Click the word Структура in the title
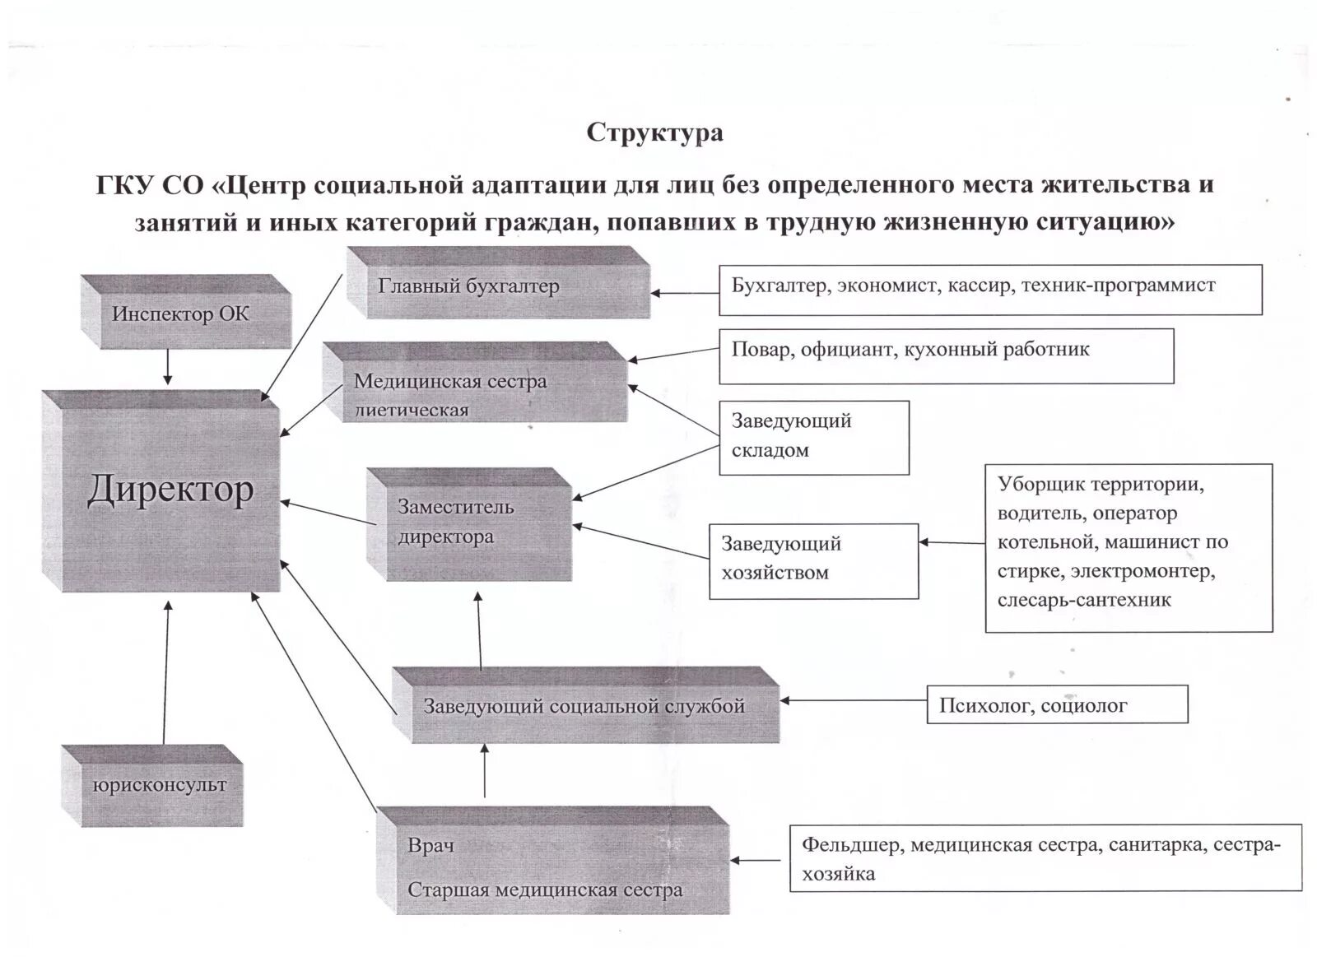coord(654,132)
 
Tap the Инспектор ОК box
coord(181,314)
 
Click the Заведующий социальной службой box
coord(584,706)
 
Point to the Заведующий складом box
coord(814,437)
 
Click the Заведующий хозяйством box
coord(813,560)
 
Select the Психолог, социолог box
coord(1057,705)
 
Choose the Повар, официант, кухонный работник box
coord(946,355)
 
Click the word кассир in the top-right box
coord(980,286)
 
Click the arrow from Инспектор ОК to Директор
coord(168,366)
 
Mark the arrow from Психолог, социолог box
coord(853,700)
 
